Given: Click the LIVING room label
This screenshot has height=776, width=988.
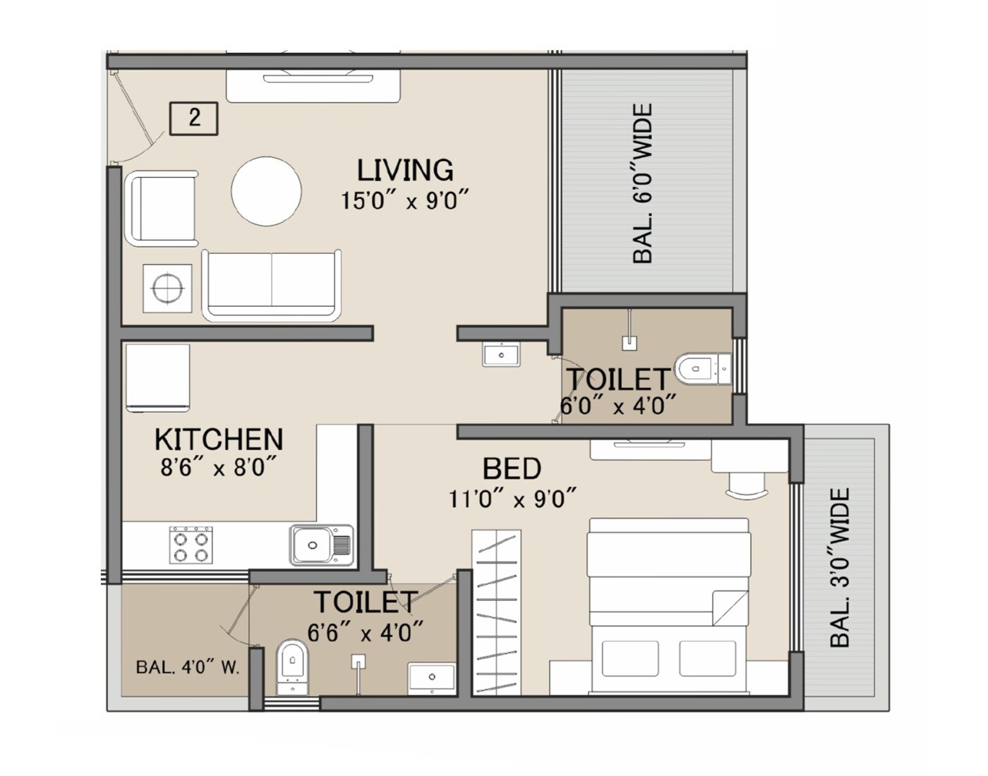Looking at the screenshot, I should tap(404, 171).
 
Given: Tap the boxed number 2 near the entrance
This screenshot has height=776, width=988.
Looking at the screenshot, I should tap(194, 117).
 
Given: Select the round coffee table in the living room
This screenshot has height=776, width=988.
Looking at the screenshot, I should tap(267, 191).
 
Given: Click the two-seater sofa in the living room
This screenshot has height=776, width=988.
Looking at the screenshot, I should tap(272, 285).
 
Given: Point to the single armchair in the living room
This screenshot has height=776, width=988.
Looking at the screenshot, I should tap(161, 209).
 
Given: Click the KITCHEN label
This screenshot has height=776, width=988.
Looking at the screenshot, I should tap(219, 439).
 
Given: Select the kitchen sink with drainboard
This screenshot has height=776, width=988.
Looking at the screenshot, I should tap(320, 545).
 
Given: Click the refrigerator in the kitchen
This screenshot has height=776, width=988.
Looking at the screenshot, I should tap(158, 378).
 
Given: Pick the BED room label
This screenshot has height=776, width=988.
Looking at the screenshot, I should tap(512, 469).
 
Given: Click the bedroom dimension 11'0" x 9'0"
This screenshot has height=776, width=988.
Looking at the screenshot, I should tap(512, 499).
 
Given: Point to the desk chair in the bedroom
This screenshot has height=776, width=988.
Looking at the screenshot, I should tap(745, 486).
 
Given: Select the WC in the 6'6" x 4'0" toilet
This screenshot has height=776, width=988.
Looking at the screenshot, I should tap(291, 664).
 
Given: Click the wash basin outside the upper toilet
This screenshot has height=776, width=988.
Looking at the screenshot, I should tap(502, 353).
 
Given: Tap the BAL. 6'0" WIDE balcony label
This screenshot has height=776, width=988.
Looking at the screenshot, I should tap(642, 184).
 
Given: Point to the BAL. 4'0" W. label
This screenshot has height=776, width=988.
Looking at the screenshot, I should tap(187, 667).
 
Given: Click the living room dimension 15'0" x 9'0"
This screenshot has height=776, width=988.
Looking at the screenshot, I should tap(405, 200).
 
